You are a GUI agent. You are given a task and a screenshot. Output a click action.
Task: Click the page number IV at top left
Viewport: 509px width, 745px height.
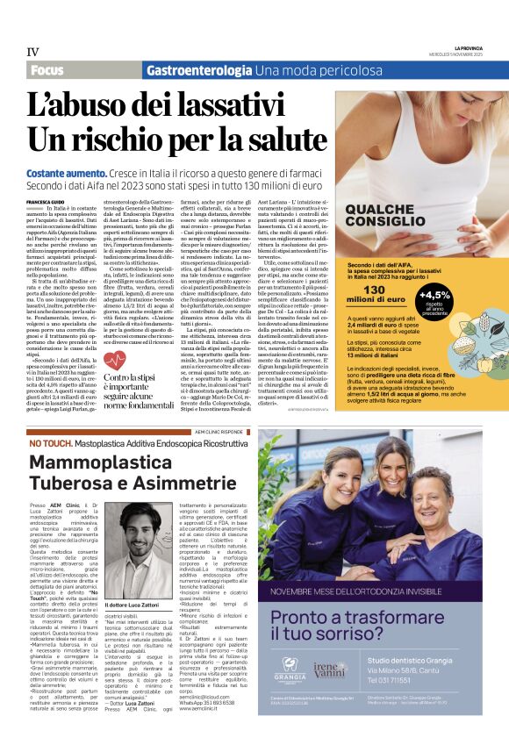pyautogui.click(x=32, y=53)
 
